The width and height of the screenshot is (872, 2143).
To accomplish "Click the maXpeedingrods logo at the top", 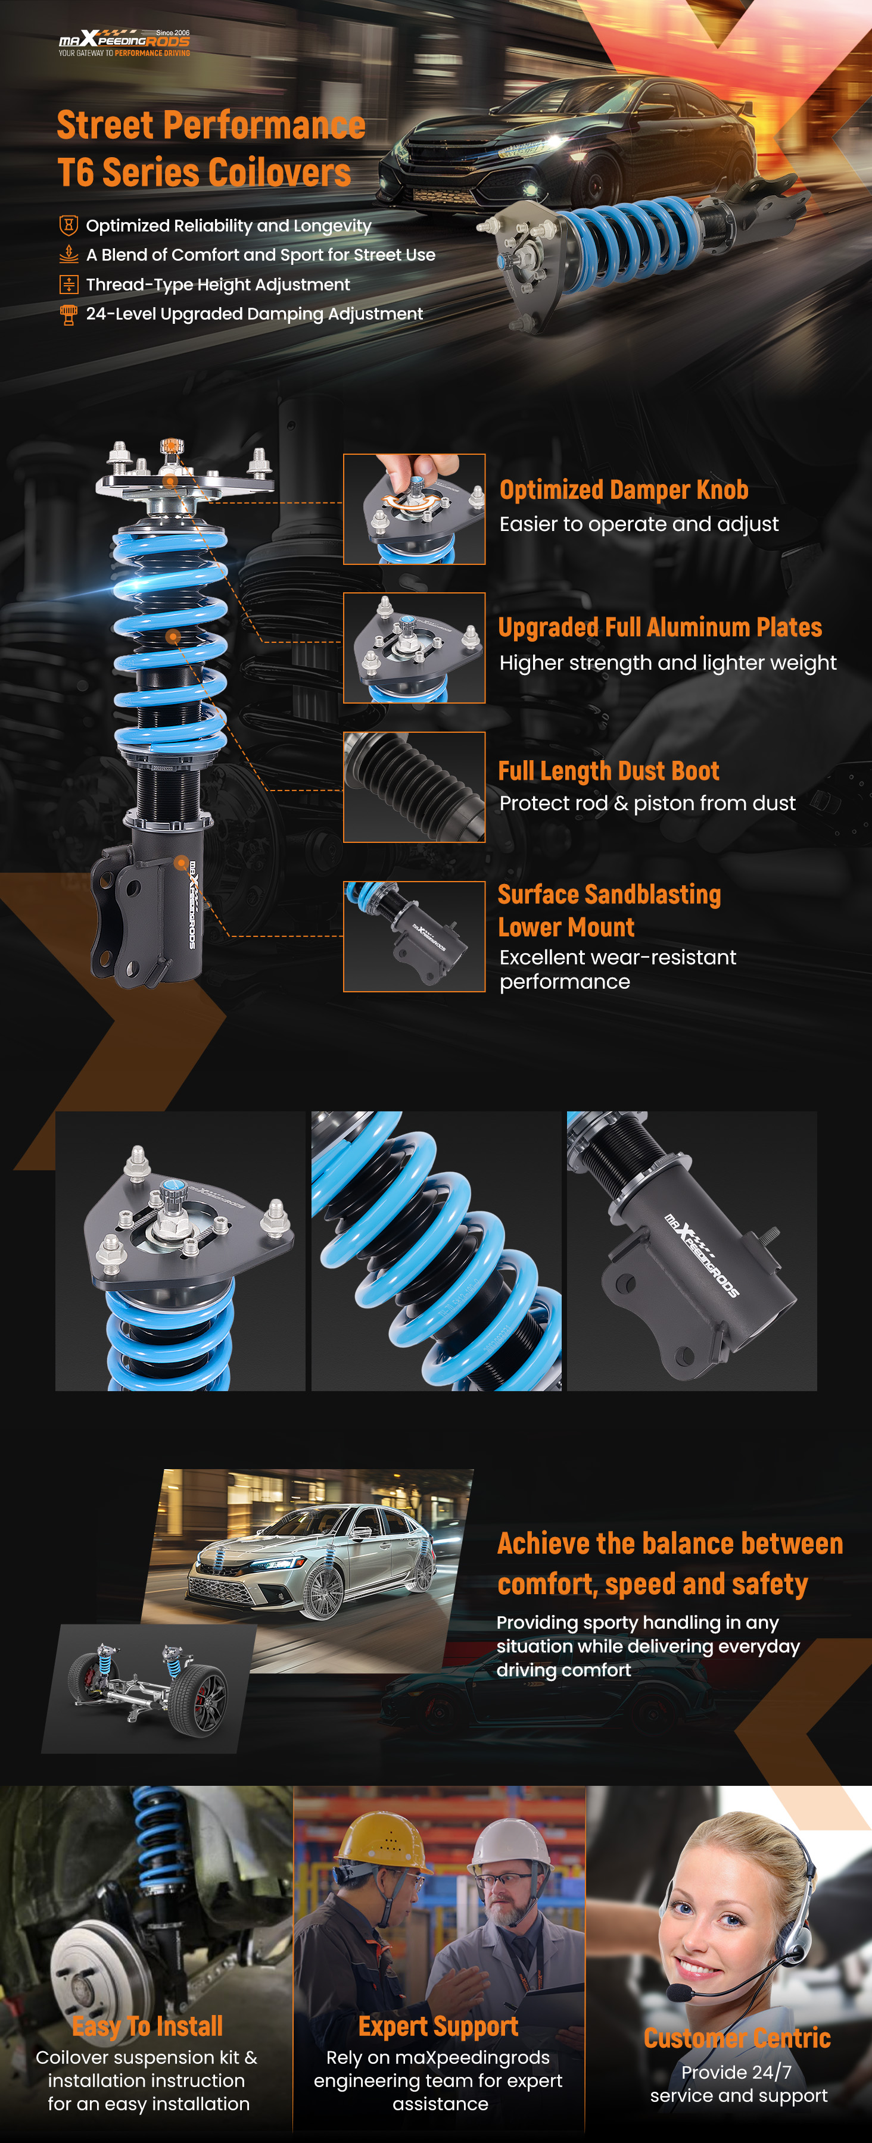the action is coord(124,42).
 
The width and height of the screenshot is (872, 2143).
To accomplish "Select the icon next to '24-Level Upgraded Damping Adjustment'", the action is coord(69,314).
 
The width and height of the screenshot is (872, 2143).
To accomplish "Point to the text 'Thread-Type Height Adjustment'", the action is coord(218,285).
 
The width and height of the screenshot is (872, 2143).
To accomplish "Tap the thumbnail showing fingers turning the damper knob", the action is coord(415,509).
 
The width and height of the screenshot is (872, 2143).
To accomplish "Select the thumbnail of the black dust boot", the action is coord(415,787).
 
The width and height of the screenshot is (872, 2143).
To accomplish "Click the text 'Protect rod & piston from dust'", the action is coord(647,803).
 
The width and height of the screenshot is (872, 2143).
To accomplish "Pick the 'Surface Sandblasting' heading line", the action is coord(609,894).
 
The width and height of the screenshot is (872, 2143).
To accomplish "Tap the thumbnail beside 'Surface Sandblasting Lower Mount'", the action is coord(415,937).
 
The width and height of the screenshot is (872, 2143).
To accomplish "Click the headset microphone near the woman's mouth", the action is coord(680,1993).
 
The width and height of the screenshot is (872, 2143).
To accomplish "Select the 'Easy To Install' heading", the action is coord(147,2026).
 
